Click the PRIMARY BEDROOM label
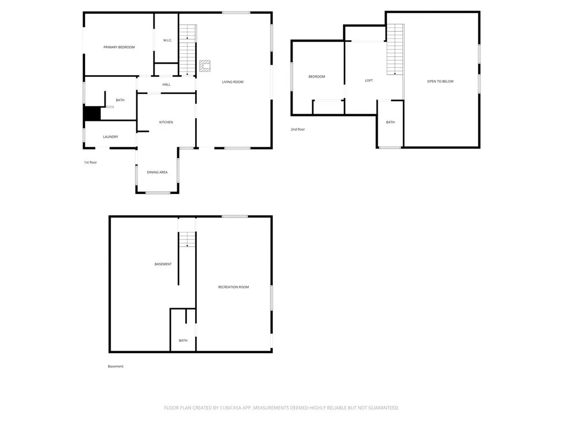click(119, 47)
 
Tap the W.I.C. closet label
click(168, 40)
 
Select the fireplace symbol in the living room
click(205, 66)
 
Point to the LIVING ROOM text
click(233, 82)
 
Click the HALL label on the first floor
click(166, 84)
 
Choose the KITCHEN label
click(166, 122)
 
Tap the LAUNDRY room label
click(111, 137)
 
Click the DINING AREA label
click(157, 172)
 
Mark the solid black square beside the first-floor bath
click(92, 113)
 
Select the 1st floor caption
click(91, 162)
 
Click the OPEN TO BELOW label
click(440, 81)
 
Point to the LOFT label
click(369, 81)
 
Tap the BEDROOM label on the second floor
click(317, 76)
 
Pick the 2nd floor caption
click(297, 129)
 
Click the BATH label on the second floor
click(390, 122)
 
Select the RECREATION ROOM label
click(233, 287)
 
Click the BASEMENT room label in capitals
click(163, 264)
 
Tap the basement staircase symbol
click(187, 240)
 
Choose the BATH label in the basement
click(183, 341)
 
